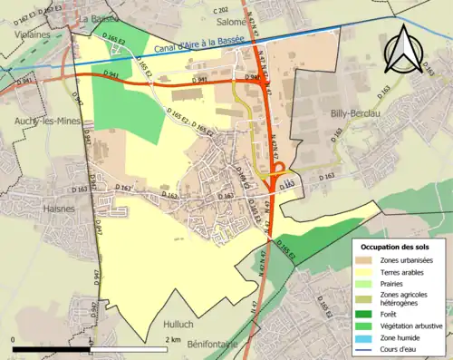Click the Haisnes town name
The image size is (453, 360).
point(60,208)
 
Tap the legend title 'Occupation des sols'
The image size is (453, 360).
point(396,246)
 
